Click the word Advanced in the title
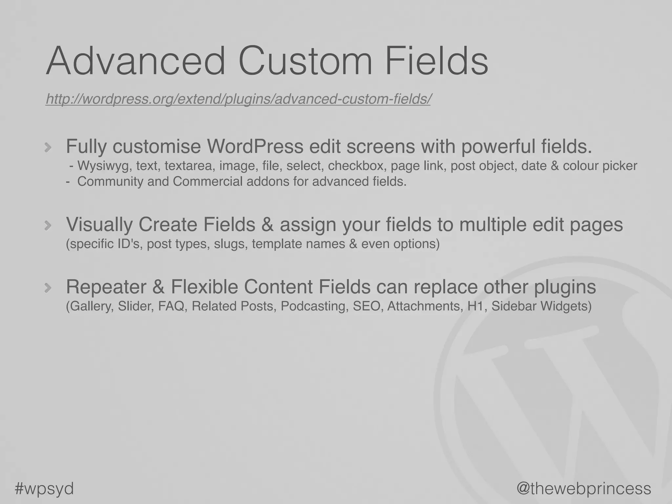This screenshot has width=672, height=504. [136, 61]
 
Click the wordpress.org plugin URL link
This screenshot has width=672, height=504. [238, 99]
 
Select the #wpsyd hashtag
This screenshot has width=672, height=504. [44, 488]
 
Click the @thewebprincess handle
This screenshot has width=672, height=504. [584, 488]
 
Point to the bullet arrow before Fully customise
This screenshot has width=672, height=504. [48, 148]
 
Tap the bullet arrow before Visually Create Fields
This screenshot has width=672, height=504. [48, 225]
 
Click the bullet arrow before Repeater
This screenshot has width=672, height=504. [48, 288]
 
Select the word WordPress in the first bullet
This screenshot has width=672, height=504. [255, 146]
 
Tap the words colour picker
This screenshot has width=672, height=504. [600, 166]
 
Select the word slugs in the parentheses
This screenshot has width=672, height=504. [231, 244]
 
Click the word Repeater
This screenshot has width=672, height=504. [106, 287]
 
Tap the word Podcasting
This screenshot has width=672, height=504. [314, 306]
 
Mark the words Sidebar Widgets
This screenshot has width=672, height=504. [541, 306]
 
